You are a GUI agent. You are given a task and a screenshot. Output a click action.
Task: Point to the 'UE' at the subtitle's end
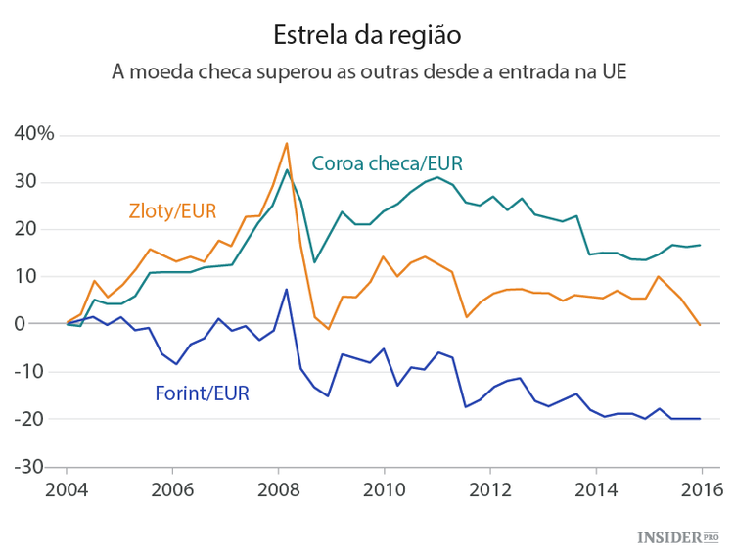click(x=611, y=71)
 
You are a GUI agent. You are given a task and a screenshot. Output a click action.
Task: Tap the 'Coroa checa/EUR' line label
click(x=387, y=163)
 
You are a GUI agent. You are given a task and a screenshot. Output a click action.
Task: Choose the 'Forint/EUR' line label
click(x=202, y=394)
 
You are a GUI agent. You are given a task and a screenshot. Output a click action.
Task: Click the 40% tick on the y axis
click(x=33, y=134)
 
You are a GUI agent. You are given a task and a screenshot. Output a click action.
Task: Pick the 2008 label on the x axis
click(x=278, y=489)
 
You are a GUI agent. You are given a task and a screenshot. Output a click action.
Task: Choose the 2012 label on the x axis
click(x=489, y=489)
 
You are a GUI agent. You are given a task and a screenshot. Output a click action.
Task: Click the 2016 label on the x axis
click(x=702, y=489)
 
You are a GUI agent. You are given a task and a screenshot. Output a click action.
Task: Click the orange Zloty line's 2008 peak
click(x=286, y=143)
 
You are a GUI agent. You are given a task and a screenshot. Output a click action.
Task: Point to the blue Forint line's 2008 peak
click(x=286, y=289)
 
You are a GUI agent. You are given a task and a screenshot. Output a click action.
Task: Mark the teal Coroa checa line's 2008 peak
click(x=286, y=170)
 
